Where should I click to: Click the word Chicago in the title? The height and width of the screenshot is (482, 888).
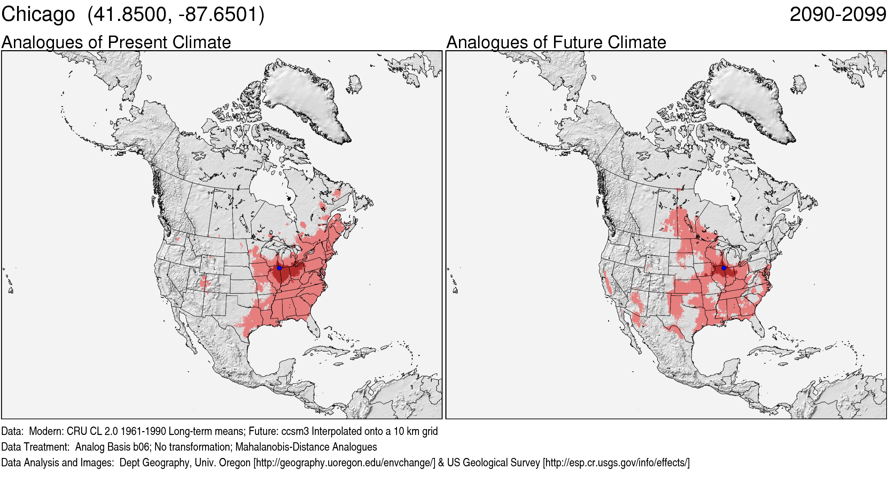click(x=38, y=15)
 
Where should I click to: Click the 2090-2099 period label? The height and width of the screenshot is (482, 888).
click(x=838, y=15)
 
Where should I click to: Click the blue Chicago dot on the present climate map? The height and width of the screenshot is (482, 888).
click(x=279, y=268)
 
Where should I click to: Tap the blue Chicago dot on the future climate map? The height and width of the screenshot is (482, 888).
click(x=724, y=268)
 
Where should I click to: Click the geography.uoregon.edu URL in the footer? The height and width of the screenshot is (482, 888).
click(x=344, y=462)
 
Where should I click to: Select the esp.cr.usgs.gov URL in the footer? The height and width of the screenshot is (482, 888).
click(x=616, y=462)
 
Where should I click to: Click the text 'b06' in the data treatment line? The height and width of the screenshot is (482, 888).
click(x=142, y=447)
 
